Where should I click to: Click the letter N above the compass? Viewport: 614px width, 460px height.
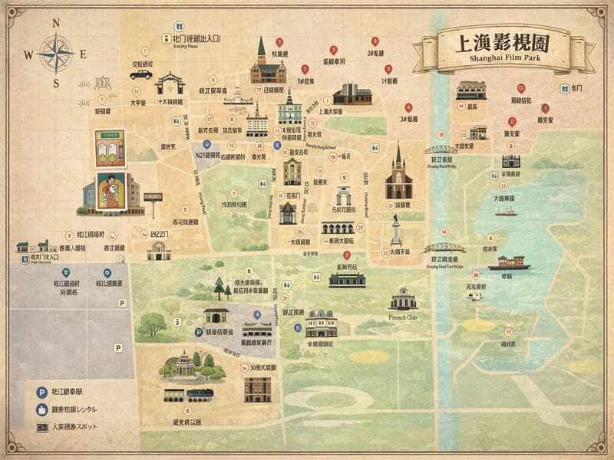56,22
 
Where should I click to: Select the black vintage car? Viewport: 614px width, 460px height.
141,74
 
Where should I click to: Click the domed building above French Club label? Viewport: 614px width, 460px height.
403,299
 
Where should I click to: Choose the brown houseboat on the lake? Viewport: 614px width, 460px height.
510,263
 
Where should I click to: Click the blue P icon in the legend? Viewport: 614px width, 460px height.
41,392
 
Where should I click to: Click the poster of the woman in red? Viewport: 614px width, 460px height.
111,189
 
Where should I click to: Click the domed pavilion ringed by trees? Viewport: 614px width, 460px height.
183,366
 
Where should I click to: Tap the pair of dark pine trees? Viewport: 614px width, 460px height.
221,289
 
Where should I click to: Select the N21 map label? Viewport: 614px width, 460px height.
206,155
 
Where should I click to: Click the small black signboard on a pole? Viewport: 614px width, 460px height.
153,198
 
